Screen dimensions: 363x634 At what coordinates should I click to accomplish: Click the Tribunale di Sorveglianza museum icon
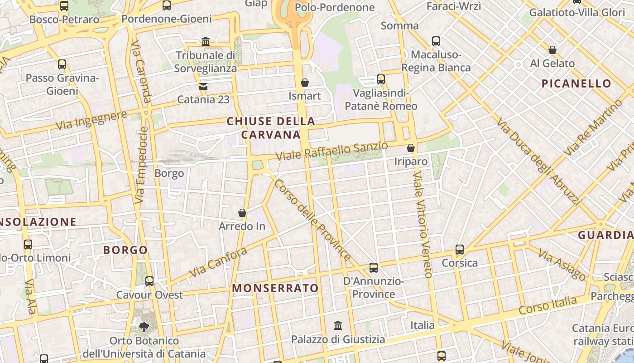coord(206,42)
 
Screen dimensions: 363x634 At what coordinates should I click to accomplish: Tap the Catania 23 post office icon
coord(203,86)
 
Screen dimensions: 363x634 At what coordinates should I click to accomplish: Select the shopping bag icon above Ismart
coord(305,83)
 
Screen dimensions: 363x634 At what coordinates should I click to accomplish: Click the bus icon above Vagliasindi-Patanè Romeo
coord(381,79)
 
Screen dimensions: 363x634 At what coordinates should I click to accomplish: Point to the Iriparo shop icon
coord(411,148)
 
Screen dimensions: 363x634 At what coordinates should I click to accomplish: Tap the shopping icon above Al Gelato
coord(552,50)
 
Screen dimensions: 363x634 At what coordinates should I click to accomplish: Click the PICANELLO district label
coord(576,83)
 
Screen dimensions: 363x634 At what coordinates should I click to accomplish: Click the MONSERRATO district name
coord(275,288)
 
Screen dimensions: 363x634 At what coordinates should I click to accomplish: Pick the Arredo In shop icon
coord(242,213)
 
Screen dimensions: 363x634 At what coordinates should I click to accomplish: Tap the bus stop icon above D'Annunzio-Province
coord(374,268)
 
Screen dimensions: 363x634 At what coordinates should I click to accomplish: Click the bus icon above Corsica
coord(460,250)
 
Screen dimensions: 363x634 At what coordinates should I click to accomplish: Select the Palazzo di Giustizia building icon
coord(338,326)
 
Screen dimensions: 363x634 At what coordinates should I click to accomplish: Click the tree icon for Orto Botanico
coord(144,327)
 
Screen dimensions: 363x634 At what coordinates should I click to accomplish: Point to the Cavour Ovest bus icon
coord(149,281)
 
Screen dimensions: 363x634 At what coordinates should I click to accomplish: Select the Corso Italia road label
coord(548,305)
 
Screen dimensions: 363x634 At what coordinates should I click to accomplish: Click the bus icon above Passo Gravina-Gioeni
coord(62,64)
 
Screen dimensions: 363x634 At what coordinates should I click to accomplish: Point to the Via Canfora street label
coord(218,263)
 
